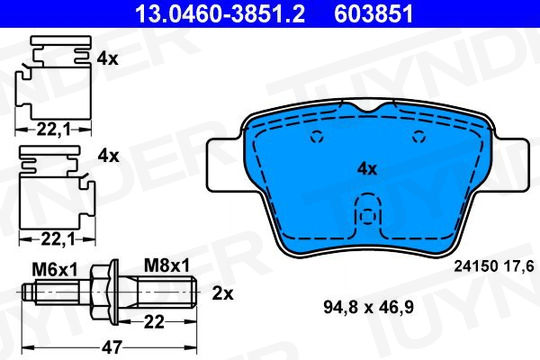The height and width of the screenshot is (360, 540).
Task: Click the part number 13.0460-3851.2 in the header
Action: tap(220, 14)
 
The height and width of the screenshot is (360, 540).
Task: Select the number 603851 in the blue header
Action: tap(374, 14)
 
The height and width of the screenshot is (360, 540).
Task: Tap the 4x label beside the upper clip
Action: tap(107, 59)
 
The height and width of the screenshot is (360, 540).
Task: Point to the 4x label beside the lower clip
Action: tap(108, 156)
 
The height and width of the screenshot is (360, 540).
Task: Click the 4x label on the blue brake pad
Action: tap(367, 169)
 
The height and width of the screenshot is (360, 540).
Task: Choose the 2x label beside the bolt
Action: tap(222, 294)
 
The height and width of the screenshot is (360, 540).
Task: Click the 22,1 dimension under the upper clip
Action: tap(53, 130)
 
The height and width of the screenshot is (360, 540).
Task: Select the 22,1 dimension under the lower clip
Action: tap(58, 240)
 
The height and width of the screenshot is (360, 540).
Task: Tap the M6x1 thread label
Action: tap(55, 270)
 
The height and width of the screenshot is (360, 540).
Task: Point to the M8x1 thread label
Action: tap(167, 266)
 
